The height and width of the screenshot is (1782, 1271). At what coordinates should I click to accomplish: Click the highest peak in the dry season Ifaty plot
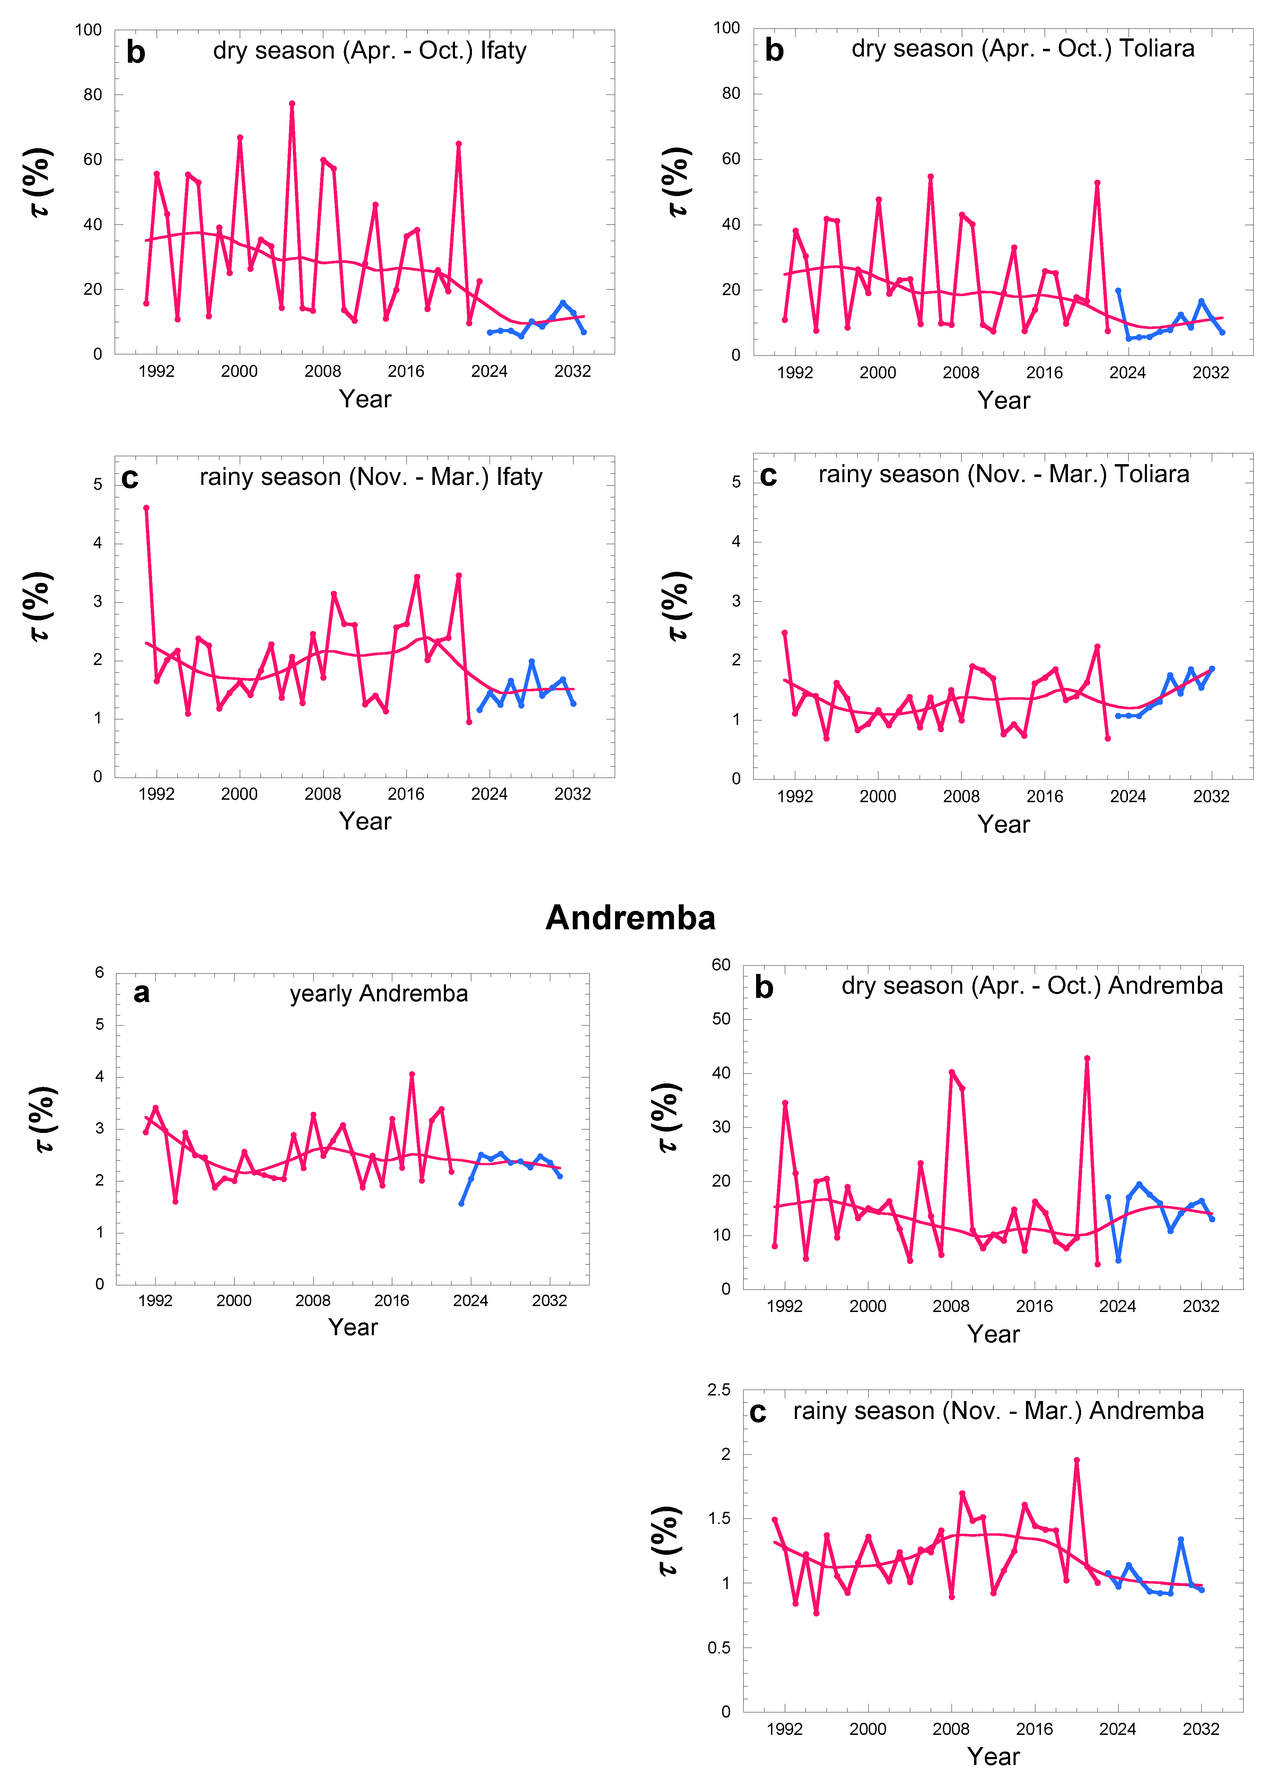click(x=292, y=103)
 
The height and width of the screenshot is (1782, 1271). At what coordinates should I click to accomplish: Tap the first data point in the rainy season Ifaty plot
click(x=146, y=508)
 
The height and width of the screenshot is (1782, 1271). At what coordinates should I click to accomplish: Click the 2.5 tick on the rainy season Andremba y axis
click(x=718, y=1390)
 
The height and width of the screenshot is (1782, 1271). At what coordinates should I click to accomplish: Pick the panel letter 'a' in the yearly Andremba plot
click(x=142, y=993)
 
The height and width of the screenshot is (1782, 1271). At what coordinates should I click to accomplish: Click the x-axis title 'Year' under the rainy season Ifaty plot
click(x=365, y=821)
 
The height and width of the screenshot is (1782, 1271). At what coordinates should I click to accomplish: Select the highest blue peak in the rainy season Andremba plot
click(x=1181, y=1540)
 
